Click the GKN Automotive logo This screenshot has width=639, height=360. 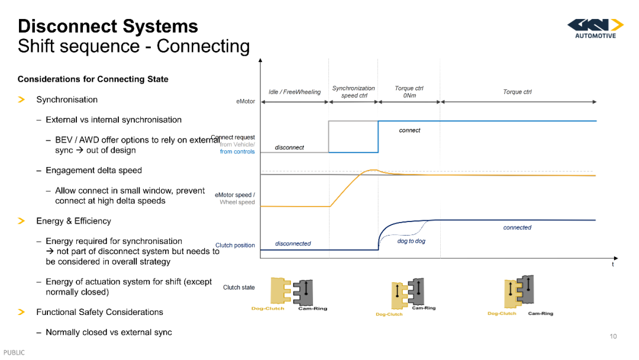[x=595, y=29]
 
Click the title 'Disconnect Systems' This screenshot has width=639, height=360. [x=108, y=26]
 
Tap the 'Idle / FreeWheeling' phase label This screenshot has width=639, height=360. [x=295, y=92]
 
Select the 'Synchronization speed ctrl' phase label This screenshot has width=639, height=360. [x=353, y=92]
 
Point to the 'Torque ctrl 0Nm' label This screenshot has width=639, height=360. [x=409, y=92]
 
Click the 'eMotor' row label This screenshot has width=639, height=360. [x=246, y=101]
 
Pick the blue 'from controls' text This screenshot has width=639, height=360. [x=237, y=152]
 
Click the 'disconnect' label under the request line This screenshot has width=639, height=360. [x=289, y=147]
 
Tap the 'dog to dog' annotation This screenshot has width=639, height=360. [x=411, y=241]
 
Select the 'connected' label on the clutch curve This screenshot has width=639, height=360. [x=517, y=227]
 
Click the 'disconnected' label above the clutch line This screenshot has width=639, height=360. [x=293, y=243]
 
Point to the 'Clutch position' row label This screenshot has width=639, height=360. [x=235, y=245]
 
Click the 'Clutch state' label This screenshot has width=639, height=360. [x=239, y=287]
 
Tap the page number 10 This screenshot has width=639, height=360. [x=614, y=336]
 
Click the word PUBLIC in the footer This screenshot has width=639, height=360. [x=14, y=353]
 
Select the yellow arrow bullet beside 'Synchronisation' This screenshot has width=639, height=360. [x=22, y=99]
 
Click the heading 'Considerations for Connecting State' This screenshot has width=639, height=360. [x=93, y=79]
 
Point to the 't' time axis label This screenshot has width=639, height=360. [x=613, y=264]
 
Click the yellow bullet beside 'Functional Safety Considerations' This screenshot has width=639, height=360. [x=22, y=312]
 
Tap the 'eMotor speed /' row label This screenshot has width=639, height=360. [x=235, y=195]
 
